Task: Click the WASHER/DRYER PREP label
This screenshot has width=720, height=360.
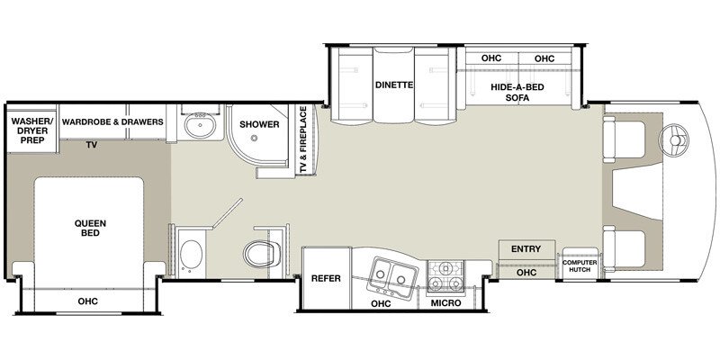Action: click(31, 130)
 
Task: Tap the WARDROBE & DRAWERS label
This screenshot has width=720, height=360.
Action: click(112, 121)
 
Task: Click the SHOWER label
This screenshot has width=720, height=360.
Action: click(258, 123)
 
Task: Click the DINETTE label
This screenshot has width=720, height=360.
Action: click(392, 85)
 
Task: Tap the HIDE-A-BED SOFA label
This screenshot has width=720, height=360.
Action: click(509, 94)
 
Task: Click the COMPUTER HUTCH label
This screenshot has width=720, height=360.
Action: click(580, 266)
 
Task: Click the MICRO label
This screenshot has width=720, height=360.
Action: click(447, 303)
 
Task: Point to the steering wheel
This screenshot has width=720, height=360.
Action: click(673, 140)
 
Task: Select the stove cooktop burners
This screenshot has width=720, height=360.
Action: click(446, 277)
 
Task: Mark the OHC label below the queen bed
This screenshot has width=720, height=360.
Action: click(87, 301)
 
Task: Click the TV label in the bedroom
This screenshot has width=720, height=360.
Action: click(91, 144)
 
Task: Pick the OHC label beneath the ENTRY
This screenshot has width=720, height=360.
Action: click(526, 272)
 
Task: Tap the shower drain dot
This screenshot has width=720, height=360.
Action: click(255, 140)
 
